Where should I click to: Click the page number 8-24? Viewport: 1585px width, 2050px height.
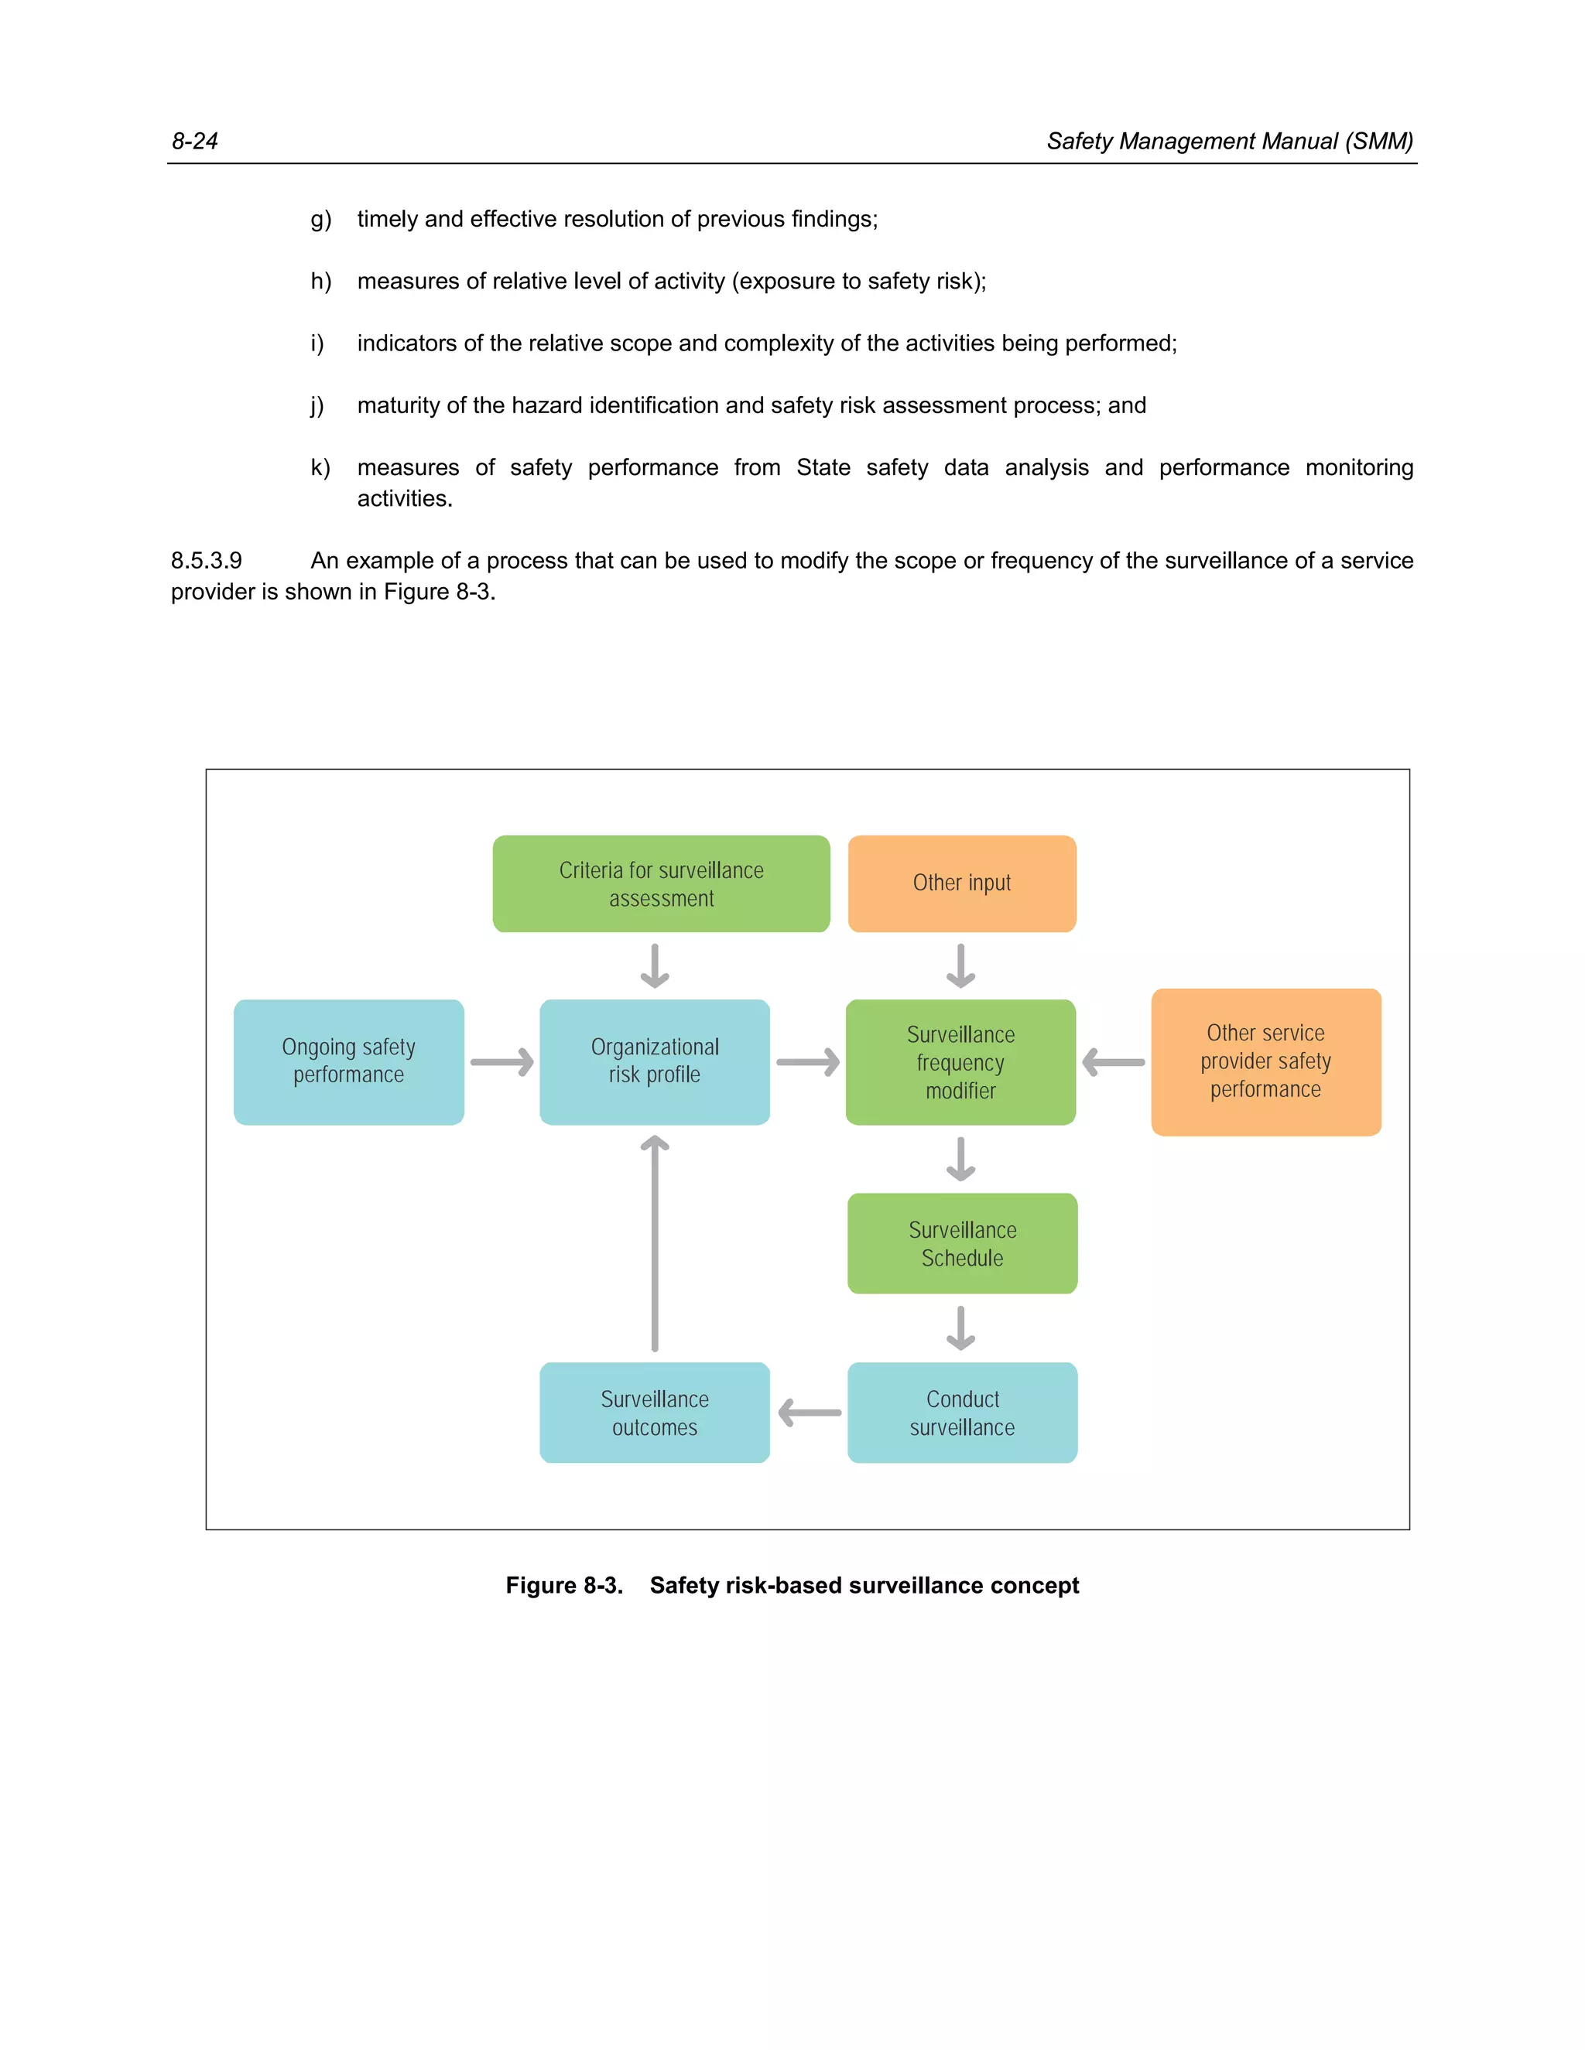194,141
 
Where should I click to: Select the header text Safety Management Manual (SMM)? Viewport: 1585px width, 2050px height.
1229,141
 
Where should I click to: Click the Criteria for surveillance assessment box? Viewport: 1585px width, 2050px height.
661,884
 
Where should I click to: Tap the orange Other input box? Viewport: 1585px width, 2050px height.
961,883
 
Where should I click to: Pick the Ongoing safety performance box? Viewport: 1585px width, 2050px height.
348,1061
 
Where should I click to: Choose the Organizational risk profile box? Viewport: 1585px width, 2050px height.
655,1061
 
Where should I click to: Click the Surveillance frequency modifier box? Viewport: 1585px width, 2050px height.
960,1061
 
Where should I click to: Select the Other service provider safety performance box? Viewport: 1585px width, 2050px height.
1265,1061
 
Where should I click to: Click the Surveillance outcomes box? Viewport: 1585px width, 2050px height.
655,1413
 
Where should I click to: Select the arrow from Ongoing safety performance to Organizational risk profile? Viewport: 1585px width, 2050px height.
502,1063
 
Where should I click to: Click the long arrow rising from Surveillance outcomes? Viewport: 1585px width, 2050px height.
655,1244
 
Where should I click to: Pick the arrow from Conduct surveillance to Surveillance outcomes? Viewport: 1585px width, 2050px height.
810,1413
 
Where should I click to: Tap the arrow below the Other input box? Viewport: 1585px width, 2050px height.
960,966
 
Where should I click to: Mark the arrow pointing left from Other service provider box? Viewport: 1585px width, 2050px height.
1114,1063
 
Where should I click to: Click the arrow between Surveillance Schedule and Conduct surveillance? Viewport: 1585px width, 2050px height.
960,1328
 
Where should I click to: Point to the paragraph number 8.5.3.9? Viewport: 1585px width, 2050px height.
207,560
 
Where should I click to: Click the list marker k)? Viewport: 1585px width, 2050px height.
320,467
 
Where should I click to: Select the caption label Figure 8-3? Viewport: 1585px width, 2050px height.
564,1585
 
